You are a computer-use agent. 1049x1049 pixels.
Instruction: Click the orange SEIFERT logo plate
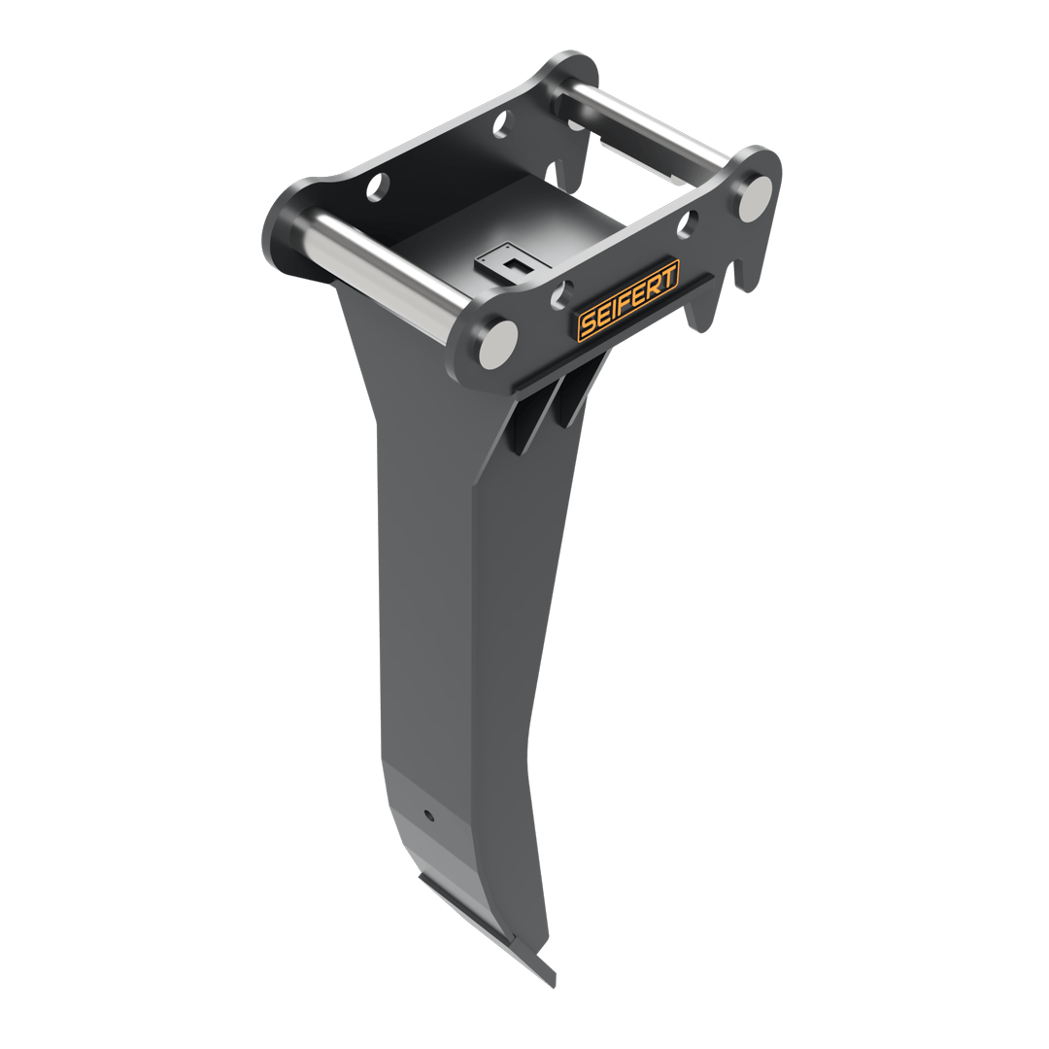(628, 301)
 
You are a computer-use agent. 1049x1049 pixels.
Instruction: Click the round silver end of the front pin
(498, 344)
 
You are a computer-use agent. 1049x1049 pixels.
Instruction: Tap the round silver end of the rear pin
(755, 198)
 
